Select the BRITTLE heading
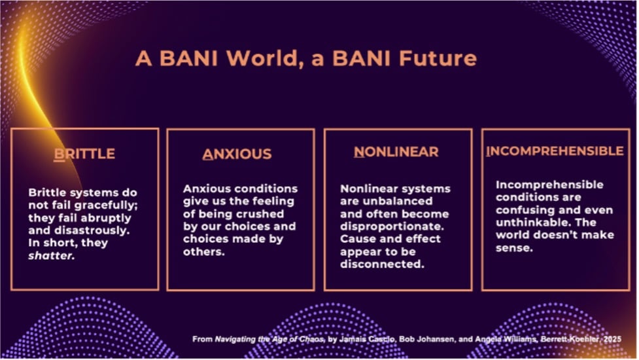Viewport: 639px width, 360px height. coord(84,154)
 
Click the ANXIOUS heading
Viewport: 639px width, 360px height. coord(237,154)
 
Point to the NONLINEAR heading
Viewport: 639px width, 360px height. coord(396,152)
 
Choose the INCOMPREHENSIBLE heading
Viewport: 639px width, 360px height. coord(555,151)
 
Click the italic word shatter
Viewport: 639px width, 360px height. coord(52,256)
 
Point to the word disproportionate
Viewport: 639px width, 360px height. coord(392,226)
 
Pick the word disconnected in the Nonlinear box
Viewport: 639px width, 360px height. coord(382,264)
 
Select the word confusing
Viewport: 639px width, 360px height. coord(525,210)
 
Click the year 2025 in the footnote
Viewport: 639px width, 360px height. coord(613,339)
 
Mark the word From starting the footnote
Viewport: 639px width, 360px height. coord(202,339)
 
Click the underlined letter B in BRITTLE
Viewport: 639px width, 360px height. coord(59,154)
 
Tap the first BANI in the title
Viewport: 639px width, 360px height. coord(188,58)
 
